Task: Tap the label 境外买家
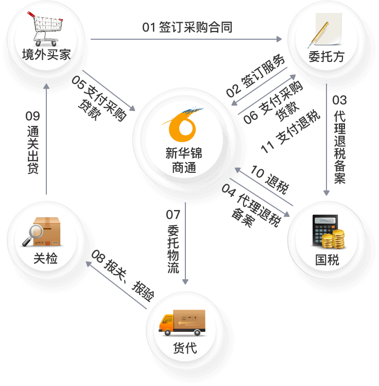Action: (46, 55)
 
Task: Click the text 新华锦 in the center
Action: (184, 153)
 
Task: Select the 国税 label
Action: (328, 260)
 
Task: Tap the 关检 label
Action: (45, 258)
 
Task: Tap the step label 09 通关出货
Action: (32, 143)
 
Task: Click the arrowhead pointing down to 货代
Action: (185, 281)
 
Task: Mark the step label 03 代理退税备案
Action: (339, 139)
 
